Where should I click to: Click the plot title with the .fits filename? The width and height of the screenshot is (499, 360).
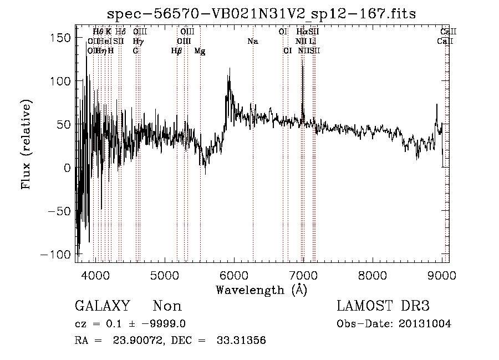pos(262,13)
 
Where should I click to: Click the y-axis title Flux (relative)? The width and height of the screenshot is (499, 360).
pos(26,145)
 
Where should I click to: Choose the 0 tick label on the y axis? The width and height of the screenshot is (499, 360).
pos(66,168)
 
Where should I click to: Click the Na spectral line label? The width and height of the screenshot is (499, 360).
pos(253,41)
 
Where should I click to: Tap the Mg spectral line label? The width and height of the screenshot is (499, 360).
pos(200,50)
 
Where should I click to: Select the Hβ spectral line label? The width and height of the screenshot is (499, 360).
pos(177,50)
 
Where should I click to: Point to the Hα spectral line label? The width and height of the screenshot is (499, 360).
pos(302,32)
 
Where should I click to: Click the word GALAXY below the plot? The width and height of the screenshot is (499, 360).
pos(102,306)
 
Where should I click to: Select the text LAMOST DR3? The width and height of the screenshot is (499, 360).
pos(383,306)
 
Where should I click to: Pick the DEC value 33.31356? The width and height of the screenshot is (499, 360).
pos(242,341)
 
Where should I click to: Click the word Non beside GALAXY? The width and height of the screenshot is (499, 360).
pos(167,306)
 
